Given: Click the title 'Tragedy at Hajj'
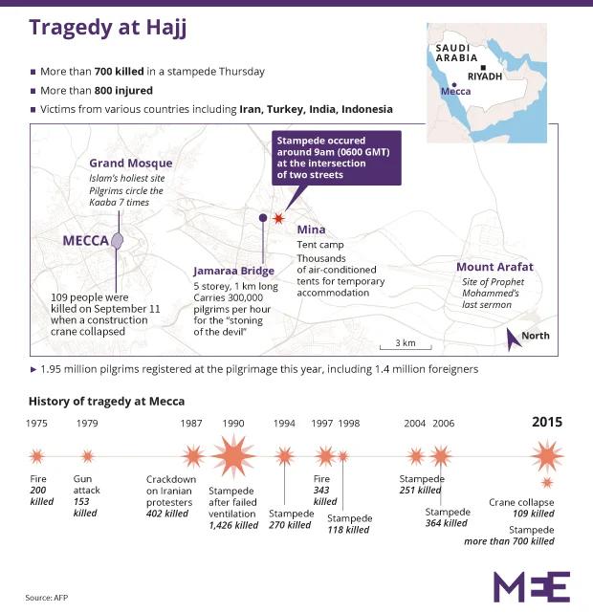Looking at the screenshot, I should pos(107,27).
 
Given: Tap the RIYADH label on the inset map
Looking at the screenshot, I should pos(485,77).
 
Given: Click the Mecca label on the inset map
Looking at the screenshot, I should pos(455,93).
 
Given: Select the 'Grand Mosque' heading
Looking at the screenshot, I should pos(124,164).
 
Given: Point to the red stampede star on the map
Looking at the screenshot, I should pos(278,219).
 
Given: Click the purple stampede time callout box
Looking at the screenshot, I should pos(336,159).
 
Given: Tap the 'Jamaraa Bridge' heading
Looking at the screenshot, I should pos(236,271).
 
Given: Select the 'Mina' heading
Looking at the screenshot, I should pos(311,230).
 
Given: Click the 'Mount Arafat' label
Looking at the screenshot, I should pos(494,267).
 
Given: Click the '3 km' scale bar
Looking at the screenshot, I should pos(406,342).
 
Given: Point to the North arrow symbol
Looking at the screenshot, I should pos(515,336).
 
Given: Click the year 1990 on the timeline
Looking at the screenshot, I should pos(232,423).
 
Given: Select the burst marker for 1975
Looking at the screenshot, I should pos(37,456).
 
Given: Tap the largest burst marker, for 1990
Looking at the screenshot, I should pos(232,456).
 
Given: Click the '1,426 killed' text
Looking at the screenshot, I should pos(233,525).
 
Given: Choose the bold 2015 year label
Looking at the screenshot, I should pos(547,422).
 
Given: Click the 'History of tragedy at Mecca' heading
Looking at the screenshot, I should pos(106,401).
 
